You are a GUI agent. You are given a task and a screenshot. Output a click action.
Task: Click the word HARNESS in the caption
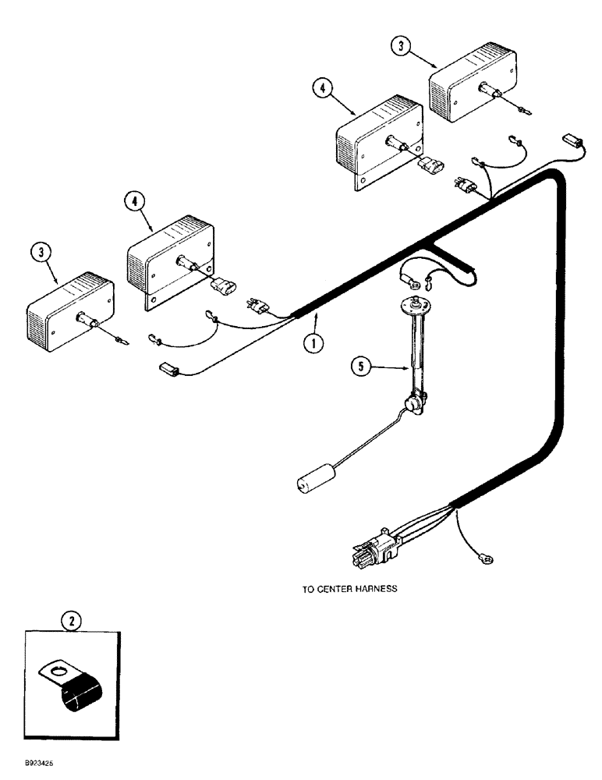(374, 590)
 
